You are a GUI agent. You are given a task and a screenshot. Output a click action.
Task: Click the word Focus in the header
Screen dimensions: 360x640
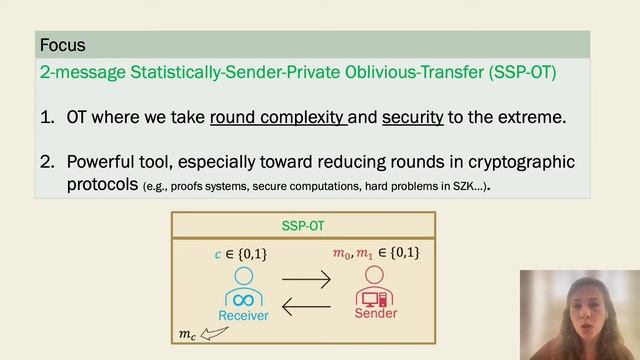(62, 45)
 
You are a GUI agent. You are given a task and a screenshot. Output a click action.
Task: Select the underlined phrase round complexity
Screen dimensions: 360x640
(278, 117)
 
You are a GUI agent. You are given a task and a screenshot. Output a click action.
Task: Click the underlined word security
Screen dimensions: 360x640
(412, 117)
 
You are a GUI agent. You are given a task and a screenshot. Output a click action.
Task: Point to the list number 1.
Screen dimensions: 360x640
(47, 117)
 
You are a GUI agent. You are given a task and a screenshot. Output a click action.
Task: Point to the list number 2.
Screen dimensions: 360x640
(47, 161)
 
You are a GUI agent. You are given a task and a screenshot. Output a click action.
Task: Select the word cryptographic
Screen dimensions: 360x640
(515, 161)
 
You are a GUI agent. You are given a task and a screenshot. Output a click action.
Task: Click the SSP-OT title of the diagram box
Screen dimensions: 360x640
(304, 225)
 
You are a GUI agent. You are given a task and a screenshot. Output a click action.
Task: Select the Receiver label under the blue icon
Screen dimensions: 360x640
(244, 314)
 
